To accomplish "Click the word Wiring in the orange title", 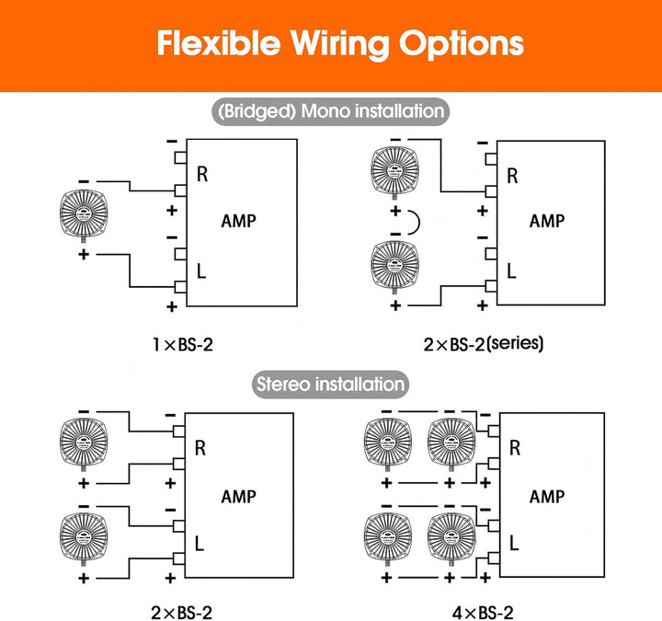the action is tap(340, 44).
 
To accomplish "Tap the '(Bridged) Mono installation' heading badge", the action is tap(331, 111).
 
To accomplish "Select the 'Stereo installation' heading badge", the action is tap(331, 385).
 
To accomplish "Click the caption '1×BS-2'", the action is tap(183, 345).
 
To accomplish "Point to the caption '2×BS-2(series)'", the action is tap(484, 344).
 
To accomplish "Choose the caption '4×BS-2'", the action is tap(483, 613).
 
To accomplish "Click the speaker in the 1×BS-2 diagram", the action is tap(84, 215).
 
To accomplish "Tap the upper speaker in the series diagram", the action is tap(394, 173).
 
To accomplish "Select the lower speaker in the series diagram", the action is tap(394, 267).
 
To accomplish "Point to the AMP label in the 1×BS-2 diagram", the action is tap(238, 221).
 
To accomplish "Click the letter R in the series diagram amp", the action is tap(512, 176).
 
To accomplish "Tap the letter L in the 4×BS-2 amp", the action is tap(513, 543).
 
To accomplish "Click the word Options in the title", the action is tap(462, 44).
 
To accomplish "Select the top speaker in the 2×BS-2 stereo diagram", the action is tap(84, 443).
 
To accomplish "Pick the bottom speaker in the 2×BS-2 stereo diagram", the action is tap(84, 538).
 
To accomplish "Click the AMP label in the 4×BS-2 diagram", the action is tap(547, 497).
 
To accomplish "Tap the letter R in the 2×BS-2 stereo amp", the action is tap(200, 448).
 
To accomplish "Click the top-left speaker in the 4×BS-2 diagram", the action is tap(388, 443).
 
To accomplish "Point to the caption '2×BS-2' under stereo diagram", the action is tap(181, 613).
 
